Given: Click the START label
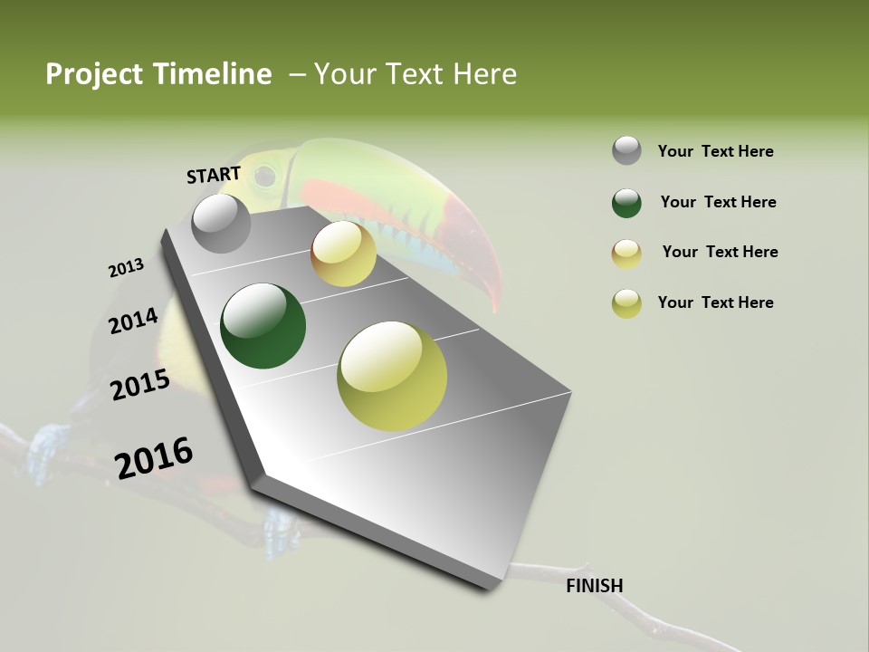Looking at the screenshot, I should coord(214,175).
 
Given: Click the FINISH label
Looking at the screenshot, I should coord(595,586).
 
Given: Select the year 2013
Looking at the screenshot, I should coord(126,268).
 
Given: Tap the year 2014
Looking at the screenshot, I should coord(133,321).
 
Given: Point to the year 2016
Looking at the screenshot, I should coord(154,458).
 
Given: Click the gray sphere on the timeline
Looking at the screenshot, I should coord(222,224).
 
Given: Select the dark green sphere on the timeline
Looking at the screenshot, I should coord(263,326).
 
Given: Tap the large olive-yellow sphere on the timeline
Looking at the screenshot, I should coord(392,376).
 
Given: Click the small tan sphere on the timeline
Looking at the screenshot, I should coord(343,254).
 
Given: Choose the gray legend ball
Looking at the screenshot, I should coord(626,151).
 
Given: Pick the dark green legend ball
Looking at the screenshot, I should coord(626,203).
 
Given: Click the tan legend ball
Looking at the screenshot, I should coord(626,254).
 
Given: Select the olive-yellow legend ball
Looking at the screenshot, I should coord(626,303).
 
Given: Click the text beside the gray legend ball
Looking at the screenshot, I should coord(716,152).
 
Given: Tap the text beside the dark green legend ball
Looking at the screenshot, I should coord(719,203).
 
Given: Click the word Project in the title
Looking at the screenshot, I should coord(93,74).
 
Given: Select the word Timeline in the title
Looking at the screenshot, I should coord(214,74).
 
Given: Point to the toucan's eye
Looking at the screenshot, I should coord(264,176).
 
